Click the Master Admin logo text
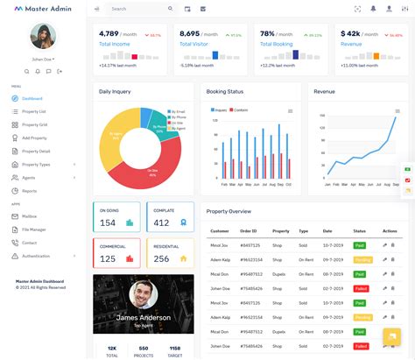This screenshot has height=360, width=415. [x=48, y=9]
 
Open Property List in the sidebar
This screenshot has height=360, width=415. [x=34, y=111]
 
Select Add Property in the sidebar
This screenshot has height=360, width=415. [x=34, y=138]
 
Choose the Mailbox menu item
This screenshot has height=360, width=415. [x=29, y=215]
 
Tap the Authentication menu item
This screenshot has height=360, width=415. [x=36, y=256]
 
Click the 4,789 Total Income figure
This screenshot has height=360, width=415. [x=115, y=33]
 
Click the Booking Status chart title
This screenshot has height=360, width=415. [x=225, y=91]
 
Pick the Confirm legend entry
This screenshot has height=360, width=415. [x=241, y=109]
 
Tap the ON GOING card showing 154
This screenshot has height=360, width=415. [x=116, y=217]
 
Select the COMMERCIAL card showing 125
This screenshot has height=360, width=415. [x=116, y=253]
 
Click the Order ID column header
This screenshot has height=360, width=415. [x=250, y=230]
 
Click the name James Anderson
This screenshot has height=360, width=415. [x=143, y=317]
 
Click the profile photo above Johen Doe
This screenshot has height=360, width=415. [x=42, y=37]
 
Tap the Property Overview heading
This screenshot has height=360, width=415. [x=229, y=211]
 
